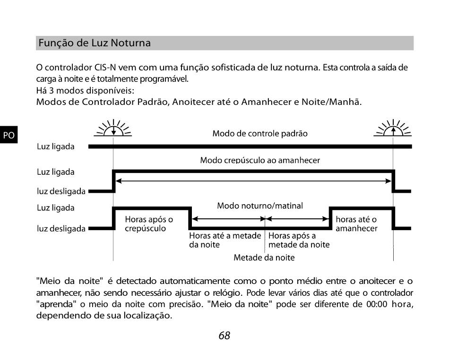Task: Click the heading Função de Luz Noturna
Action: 95,43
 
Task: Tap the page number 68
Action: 224,335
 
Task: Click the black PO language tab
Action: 9,135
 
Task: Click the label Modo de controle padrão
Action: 260,133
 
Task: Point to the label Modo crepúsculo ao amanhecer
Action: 260,160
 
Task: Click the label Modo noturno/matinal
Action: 260,206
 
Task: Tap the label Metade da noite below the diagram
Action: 264,257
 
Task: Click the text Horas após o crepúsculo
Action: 149,224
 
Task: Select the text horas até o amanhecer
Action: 356,224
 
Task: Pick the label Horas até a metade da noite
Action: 225,240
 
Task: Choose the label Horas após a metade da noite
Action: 299,240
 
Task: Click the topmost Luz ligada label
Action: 56,146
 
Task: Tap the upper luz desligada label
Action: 61,191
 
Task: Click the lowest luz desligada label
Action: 61,229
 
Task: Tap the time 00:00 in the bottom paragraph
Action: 377,304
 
